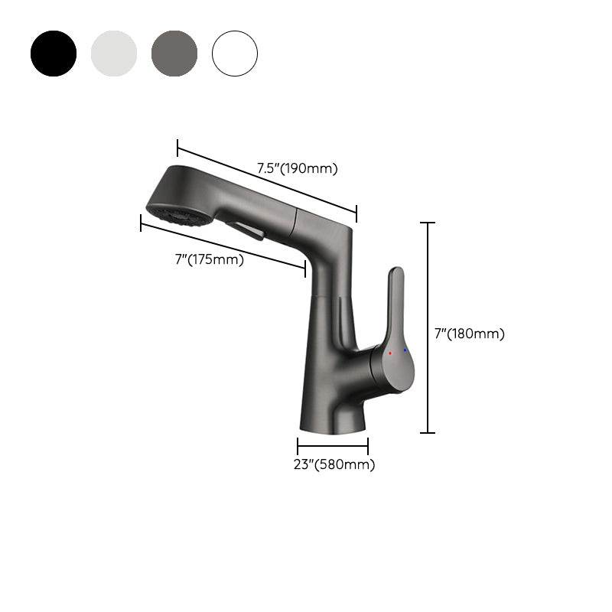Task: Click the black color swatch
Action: pos(54,54)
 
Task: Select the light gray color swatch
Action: pos(114,54)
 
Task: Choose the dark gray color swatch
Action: pos(174,54)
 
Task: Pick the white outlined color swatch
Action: pos(235,54)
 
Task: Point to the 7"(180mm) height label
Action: pos(469,334)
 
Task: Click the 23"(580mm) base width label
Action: pos(334,464)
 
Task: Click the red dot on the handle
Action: pos(390,353)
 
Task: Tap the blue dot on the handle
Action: pos(405,350)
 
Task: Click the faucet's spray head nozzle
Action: pos(177,216)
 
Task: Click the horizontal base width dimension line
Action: pos(333,446)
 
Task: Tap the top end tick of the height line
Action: pos(428,223)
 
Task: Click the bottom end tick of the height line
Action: pos(428,433)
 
